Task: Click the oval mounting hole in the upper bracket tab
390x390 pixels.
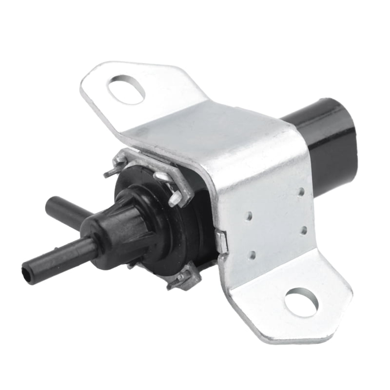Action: point(126,89)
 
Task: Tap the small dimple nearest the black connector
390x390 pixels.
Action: point(301,192)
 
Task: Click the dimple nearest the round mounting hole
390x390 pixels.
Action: point(253,254)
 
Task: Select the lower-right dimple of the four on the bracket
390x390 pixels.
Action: point(303,229)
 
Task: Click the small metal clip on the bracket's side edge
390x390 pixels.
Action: point(222,242)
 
